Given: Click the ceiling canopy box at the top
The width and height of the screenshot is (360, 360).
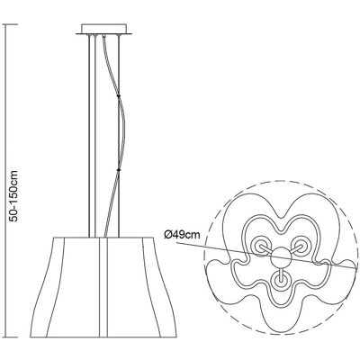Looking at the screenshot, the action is tap(103, 29).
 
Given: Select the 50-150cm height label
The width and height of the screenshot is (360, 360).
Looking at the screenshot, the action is tap(13, 196).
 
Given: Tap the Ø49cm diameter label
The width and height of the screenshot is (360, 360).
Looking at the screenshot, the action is tap(182, 234).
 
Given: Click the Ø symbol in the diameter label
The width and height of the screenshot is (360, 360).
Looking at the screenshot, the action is tap(168, 234).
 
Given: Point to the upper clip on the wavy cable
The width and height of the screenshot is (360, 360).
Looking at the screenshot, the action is tap(119, 95).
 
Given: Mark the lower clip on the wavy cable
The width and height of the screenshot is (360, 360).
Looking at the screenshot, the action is tap(119, 170).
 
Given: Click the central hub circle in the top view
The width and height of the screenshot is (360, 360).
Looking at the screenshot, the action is tap(281, 257).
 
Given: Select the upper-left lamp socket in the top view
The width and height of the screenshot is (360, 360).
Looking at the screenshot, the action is tap(259, 245).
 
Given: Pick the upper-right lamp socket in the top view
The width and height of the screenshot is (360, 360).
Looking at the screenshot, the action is tap(301, 245).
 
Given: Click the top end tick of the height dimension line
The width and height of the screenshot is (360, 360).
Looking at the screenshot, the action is tap(10, 23).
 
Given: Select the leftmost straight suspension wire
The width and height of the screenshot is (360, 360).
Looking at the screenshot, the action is tap(89, 136).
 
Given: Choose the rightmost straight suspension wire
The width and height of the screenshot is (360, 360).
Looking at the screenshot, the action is tap(119, 136).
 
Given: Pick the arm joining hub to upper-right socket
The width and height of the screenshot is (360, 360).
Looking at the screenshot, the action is tap(295, 249).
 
